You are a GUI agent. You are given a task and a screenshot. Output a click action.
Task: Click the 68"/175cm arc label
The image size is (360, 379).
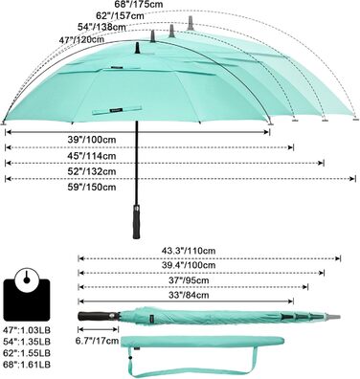coord(139,4)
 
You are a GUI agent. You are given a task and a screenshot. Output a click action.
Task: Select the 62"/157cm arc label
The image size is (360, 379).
coord(120,15)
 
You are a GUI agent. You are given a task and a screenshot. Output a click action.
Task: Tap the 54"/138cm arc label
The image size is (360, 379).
coord(101,27)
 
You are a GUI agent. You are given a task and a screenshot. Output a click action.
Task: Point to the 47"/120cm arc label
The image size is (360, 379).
coord(81,40)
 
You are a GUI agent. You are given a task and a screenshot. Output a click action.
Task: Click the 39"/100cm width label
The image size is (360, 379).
coord(92,140)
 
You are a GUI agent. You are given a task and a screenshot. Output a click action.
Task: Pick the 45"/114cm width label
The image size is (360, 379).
coord(92,156)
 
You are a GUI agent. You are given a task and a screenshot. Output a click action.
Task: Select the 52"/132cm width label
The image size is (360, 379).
coord(92,171)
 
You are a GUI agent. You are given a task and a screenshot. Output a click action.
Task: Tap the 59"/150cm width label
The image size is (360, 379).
coord(92,187)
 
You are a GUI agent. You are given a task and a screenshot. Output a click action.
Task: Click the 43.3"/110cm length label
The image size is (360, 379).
coord(188,251)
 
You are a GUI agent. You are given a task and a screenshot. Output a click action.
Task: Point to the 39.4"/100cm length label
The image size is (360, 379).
coord(188,265)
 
